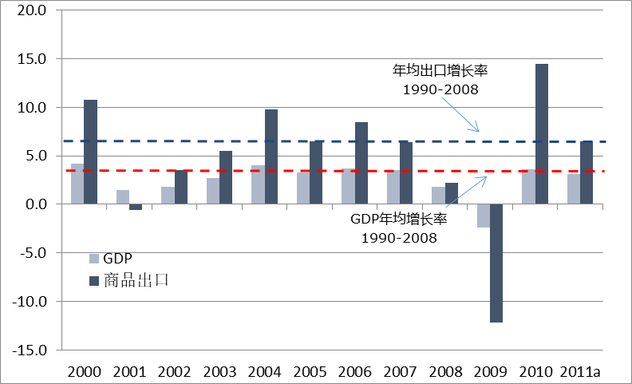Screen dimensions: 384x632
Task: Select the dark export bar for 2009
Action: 496,263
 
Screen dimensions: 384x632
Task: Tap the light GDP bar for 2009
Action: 484,216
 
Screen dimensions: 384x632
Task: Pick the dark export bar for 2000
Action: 90,152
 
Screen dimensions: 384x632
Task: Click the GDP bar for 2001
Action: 122,197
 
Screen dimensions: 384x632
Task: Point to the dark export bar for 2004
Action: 271,156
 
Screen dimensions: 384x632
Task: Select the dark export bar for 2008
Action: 452,193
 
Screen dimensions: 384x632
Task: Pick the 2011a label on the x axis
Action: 580,371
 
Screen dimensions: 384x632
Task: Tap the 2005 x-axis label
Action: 309,371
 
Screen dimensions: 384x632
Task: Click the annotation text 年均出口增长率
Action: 440,70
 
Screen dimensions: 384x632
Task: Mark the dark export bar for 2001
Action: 136,207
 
